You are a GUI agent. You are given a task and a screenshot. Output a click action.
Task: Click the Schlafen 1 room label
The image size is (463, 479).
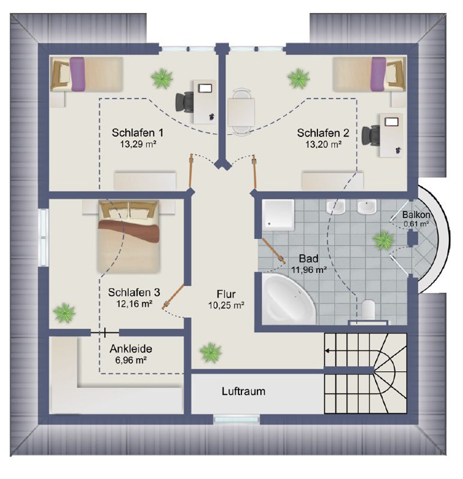137,133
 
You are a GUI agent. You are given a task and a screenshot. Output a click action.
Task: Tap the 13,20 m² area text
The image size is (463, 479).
323,144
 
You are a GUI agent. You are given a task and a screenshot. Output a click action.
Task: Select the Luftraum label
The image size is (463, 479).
244,392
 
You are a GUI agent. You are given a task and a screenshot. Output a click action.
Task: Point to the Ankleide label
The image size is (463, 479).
131,349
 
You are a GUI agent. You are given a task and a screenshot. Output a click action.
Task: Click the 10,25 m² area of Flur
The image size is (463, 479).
226,305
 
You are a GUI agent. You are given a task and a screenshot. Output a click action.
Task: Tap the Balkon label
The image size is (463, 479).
416,215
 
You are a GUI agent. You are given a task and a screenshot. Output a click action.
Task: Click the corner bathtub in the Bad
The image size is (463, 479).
288,298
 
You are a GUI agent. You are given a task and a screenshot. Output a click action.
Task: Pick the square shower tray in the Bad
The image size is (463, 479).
278,215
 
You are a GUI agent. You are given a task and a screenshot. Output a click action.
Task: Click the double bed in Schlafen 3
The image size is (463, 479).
129,236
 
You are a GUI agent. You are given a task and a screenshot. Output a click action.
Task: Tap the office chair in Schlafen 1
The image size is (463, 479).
184,102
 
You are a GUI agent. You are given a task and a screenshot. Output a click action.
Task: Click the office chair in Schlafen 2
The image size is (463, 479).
371,135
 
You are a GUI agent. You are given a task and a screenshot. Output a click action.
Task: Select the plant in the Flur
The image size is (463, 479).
210,352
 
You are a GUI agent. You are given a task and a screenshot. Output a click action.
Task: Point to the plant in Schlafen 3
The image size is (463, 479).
64,312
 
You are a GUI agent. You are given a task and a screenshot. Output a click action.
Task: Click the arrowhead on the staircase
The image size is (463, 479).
327,351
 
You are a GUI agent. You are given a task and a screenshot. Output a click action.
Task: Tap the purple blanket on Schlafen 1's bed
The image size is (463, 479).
77,74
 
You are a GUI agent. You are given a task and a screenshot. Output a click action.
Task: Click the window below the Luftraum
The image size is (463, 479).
237,420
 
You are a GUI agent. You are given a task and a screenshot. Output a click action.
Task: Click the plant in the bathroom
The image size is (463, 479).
383,240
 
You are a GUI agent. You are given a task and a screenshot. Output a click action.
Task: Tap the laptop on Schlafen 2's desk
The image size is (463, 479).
392,122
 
